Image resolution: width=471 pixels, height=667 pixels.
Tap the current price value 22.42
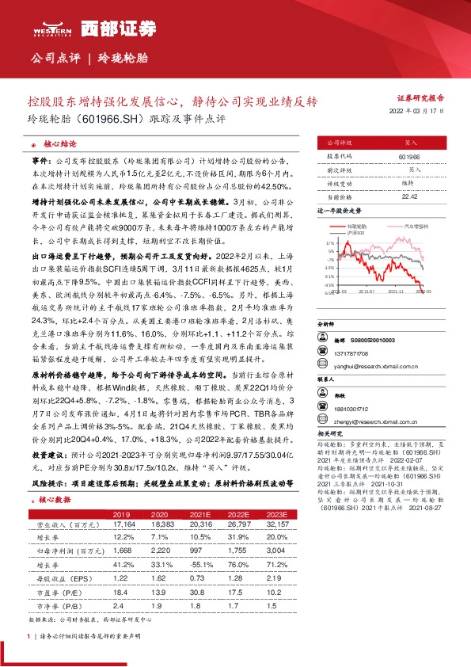pyautogui.click(x=410, y=196)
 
